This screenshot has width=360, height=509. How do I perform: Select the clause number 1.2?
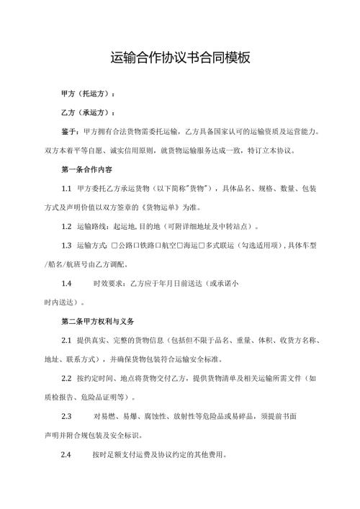pyautogui.click(x=66, y=226)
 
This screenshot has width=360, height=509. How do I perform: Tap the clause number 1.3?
pyautogui.click(x=66, y=246)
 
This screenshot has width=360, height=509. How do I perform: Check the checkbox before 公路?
pyautogui.click(x=114, y=246)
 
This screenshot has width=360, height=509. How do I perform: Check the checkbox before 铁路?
pyautogui.click(x=137, y=246)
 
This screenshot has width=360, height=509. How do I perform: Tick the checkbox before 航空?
pyautogui.click(x=159, y=246)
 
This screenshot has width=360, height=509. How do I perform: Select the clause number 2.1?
pyautogui.click(x=66, y=340)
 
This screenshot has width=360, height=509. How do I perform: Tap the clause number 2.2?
pyautogui.click(x=66, y=378)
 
